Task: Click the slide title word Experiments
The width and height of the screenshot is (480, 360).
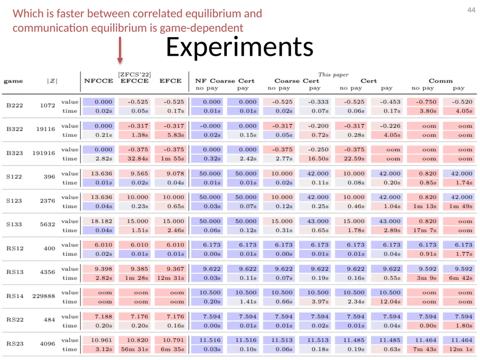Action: point(240,47)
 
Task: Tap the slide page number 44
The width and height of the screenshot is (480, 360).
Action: point(471,10)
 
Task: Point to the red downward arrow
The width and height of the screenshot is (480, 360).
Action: point(120,51)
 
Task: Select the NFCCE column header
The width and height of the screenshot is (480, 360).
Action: point(98,81)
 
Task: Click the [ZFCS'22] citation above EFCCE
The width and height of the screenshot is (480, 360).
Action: point(135,75)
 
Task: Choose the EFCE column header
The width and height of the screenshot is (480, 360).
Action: point(171,81)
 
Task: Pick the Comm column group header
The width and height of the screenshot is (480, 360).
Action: point(441,81)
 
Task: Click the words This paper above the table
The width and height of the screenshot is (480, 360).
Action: point(333,75)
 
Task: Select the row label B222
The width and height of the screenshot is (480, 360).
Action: point(15,105)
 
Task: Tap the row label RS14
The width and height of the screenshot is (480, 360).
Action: point(15,296)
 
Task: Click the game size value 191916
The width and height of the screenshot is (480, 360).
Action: point(44,153)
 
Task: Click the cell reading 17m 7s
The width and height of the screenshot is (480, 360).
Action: point(425,230)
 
